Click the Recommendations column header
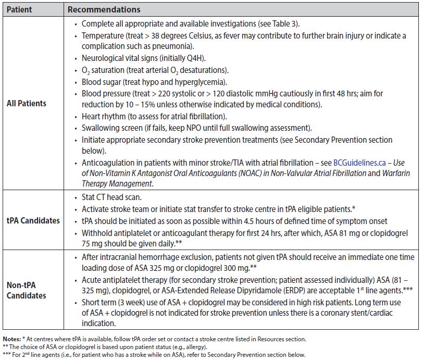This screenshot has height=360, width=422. [x=104, y=10]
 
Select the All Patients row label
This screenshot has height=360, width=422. [x=26, y=103]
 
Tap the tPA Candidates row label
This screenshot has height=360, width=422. [x=33, y=220]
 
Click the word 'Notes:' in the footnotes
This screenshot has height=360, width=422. [x=13, y=339]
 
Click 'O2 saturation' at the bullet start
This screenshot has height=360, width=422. [x=105, y=70]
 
